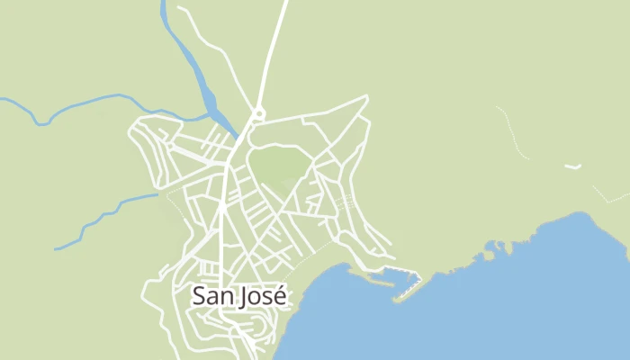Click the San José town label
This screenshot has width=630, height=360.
(239, 295)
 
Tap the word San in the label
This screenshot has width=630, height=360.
(212, 295)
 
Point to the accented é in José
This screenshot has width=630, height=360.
(280, 295)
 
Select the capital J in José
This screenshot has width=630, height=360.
(244, 295)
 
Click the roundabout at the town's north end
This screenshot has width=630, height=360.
(259, 113)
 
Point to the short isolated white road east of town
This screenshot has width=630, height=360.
(572, 166)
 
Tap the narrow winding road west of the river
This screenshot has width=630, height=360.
(216, 45)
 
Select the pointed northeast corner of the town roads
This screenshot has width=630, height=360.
(367, 95)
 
